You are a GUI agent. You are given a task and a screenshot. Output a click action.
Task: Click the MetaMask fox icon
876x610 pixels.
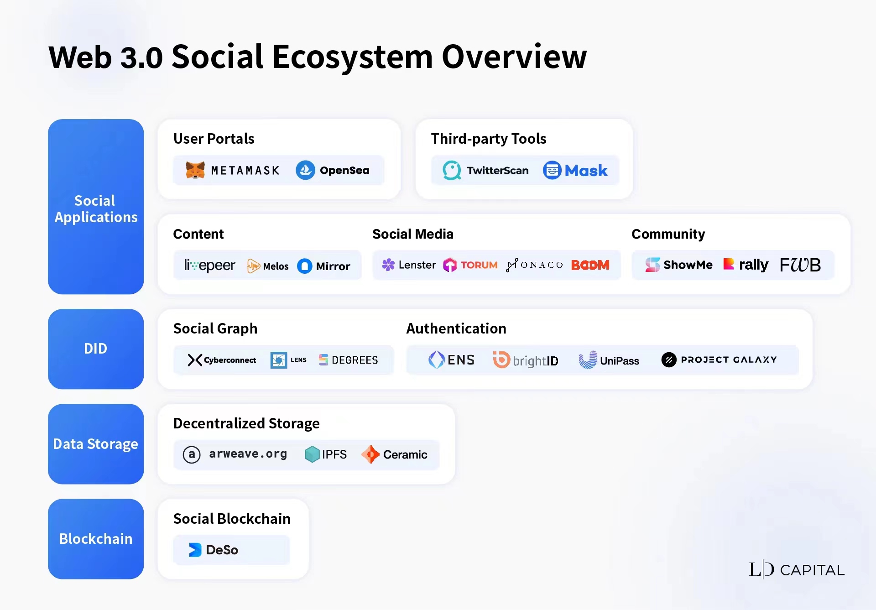point(195,170)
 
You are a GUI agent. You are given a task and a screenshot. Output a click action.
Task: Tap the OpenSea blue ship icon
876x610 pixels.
point(305,170)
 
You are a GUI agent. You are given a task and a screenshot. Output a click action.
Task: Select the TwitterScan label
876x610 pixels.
point(498,171)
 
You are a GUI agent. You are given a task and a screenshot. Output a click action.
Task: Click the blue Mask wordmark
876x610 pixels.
point(586,171)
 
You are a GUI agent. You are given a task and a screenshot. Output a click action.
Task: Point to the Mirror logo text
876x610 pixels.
point(333,266)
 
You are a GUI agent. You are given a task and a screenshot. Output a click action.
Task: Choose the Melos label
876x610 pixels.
point(276,266)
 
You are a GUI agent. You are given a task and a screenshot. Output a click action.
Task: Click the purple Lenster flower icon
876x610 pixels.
point(388,265)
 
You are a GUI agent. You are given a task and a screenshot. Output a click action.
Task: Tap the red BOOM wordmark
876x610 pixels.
point(590,265)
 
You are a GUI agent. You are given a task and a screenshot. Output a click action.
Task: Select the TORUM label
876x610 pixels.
point(479,265)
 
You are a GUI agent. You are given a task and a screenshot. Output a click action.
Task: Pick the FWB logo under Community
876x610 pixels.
point(800,265)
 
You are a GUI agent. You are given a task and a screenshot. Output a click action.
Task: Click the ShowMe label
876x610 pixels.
point(688,265)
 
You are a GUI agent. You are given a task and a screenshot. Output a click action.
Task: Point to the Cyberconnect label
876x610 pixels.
point(230,360)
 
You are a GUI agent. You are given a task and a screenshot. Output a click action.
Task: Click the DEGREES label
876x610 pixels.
point(355,360)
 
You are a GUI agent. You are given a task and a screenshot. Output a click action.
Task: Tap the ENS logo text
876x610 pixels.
point(461,360)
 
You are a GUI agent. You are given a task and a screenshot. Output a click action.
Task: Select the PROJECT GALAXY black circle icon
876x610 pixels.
point(669,360)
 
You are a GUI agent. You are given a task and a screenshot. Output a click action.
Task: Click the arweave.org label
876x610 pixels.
point(248,454)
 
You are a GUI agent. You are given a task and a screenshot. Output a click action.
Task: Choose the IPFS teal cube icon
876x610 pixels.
point(312,454)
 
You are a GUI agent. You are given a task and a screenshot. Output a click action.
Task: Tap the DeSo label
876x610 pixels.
point(222,550)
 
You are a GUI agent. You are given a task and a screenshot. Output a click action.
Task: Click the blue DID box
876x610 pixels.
point(96,349)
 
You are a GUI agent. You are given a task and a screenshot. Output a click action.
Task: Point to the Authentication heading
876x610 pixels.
point(456,328)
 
